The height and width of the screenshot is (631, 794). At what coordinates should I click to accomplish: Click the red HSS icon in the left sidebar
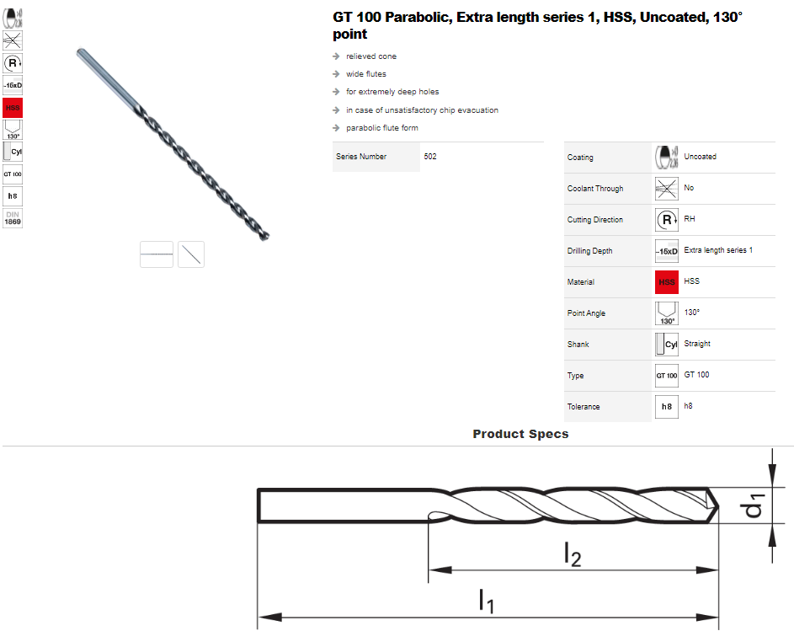click(13, 108)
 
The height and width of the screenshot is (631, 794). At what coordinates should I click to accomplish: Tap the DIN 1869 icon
click(13, 218)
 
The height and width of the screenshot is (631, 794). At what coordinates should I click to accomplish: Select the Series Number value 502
click(430, 157)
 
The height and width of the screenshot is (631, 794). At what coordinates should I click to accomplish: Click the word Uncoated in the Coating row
click(700, 157)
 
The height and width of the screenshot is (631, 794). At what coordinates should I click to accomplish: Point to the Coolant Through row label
click(595, 189)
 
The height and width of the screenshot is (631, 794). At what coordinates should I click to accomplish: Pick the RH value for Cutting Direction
click(690, 219)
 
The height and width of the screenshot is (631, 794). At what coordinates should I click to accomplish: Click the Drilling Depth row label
click(589, 251)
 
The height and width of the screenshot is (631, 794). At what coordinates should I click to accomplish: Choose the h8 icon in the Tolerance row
click(666, 406)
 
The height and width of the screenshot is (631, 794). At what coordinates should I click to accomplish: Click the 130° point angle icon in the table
click(666, 313)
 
